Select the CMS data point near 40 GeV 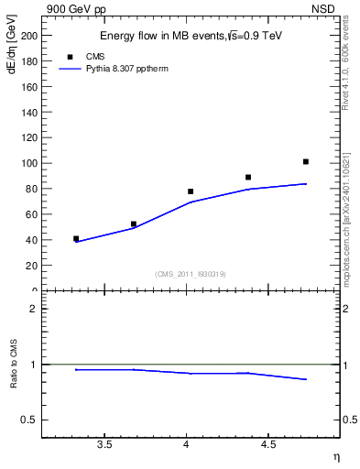[x=76, y=238]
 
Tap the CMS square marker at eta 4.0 [x=191, y=191]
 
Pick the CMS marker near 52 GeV [x=134, y=224]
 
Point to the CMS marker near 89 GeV [x=248, y=177]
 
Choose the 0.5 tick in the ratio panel [x=28, y=420]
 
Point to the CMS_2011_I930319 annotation [x=191, y=274]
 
